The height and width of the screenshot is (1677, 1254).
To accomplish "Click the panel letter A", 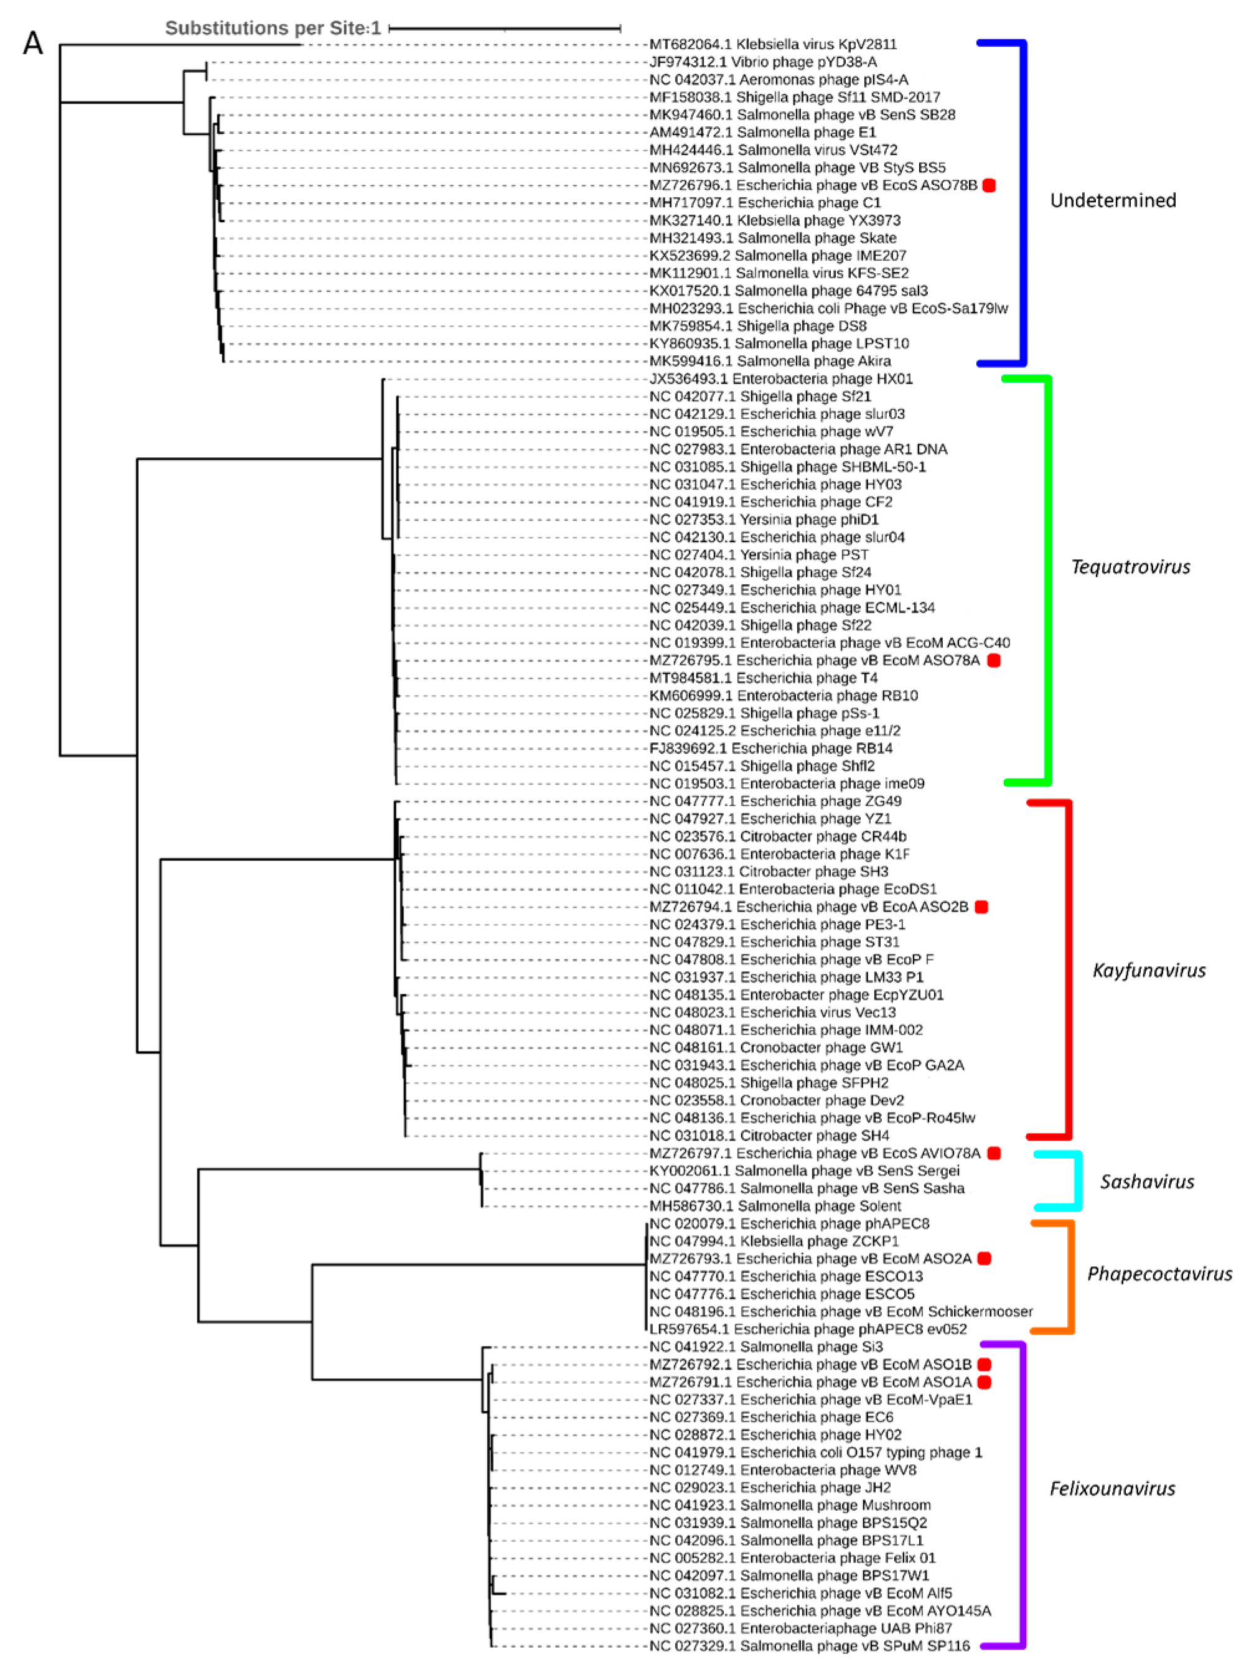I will (32, 43).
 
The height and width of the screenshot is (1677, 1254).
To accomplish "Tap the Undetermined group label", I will (1112, 200).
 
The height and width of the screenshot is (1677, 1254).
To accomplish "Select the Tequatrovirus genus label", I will (1130, 566).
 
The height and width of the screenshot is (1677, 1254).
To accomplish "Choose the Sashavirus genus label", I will (1146, 1181).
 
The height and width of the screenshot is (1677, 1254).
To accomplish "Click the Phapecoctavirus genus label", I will (1158, 1273).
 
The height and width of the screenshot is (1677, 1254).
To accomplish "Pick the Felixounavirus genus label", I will (1111, 1488).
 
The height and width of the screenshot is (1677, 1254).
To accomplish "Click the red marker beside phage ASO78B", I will (989, 185).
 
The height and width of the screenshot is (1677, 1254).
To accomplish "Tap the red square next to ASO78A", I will (993, 660).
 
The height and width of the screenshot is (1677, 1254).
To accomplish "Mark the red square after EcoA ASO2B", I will (981, 907).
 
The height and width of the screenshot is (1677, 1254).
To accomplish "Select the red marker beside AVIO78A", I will (993, 1153).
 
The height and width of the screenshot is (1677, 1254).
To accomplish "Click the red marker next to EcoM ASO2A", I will (984, 1258).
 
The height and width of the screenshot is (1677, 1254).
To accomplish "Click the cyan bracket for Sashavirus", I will (1077, 1180).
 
